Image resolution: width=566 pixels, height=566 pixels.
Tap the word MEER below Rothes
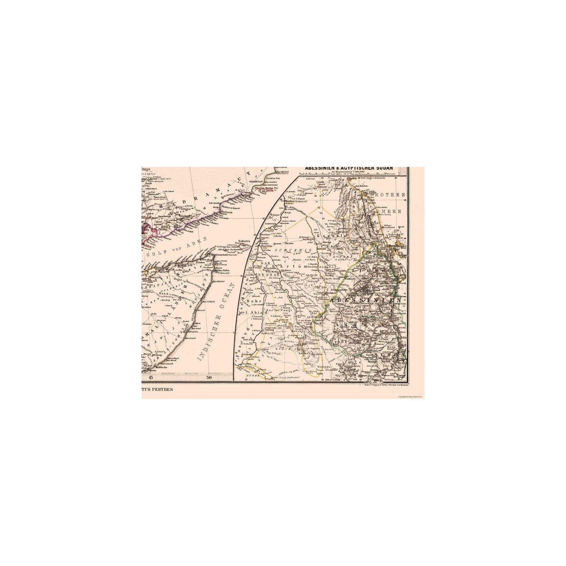395,211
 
